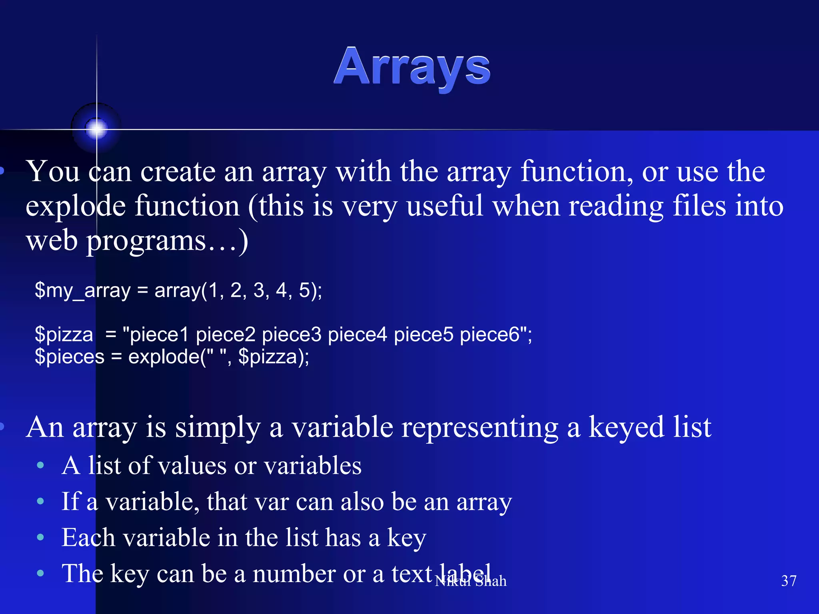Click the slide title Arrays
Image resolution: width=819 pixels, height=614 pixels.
click(412, 67)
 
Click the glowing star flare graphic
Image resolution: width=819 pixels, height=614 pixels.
click(96, 129)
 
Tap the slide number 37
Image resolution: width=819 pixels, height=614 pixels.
click(789, 580)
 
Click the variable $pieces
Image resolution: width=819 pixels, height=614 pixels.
click(70, 357)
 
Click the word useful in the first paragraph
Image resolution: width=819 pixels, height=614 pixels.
click(444, 206)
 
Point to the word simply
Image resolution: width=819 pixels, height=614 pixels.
click(218, 428)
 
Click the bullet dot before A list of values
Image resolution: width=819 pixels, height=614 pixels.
click(40, 465)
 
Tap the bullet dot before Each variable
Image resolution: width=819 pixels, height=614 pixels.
click(40, 537)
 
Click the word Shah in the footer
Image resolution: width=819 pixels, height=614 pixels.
click(491, 581)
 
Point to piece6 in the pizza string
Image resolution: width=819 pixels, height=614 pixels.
click(489, 334)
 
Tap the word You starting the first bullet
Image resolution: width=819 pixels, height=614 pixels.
click(53, 171)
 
